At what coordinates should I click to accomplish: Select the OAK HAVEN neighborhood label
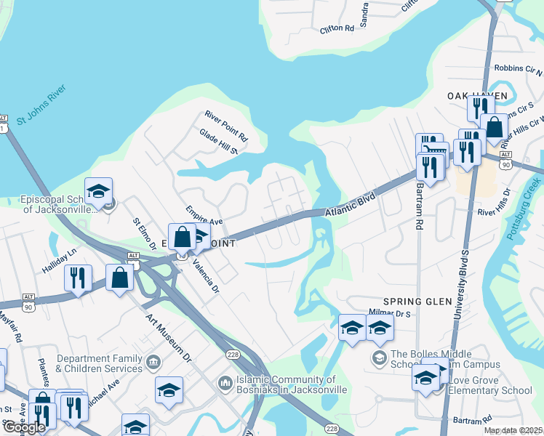[x=476, y=96]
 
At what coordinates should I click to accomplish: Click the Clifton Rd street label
[x=336, y=29]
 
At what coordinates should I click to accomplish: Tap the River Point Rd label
[x=226, y=126]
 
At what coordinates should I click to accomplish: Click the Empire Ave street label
[x=203, y=217]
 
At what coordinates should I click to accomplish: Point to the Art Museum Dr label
[x=168, y=337]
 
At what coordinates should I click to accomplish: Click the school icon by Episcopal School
[x=98, y=192]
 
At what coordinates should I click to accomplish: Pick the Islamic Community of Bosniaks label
[x=289, y=384]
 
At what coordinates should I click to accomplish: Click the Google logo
[x=23, y=427]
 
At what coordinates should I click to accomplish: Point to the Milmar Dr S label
[x=391, y=312]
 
